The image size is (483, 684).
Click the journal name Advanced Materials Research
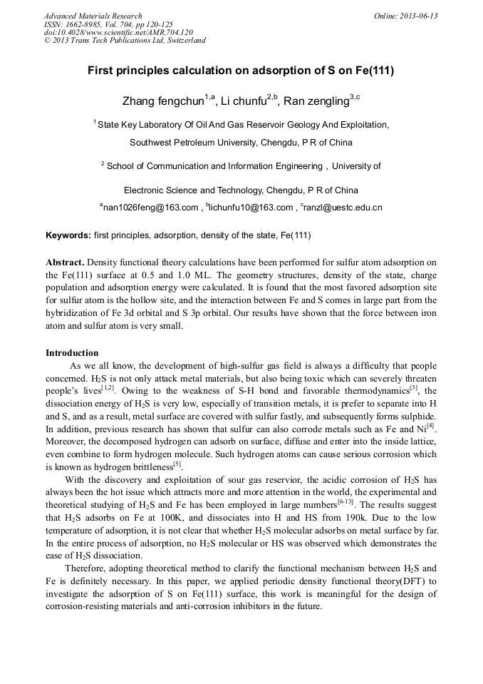pos(93,16)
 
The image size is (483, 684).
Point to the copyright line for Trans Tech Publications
pos(125,40)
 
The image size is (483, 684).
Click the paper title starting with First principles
pos(241,71)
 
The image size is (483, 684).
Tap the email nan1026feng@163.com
pos(150,208)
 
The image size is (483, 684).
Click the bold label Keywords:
pos(68,235)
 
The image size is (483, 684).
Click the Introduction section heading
pos(72,352)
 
